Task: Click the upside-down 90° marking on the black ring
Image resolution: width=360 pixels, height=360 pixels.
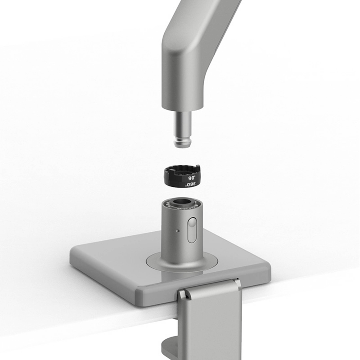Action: tap(192, 178)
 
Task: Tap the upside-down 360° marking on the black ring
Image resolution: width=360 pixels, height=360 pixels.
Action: tap(191, 184)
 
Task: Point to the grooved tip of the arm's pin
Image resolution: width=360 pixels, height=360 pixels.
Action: tap(183, 142)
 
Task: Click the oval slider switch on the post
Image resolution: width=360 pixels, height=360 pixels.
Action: tap(192, 230)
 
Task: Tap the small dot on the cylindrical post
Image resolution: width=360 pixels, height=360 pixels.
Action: tap(177, 230)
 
